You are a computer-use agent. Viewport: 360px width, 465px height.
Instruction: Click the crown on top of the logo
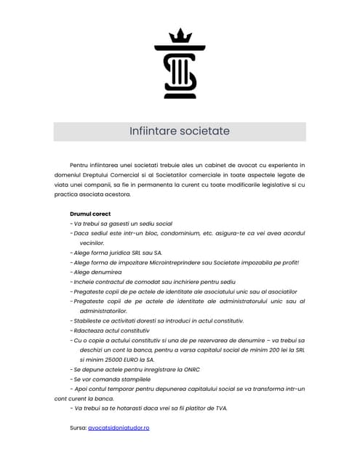(180, 36)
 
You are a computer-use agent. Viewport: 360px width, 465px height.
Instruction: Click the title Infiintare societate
(179, 132)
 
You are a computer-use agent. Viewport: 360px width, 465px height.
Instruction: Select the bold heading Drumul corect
(90, 214)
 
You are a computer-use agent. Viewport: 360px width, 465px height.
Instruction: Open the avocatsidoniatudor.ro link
(119, 428)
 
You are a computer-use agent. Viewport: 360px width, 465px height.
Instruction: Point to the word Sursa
(77, 428)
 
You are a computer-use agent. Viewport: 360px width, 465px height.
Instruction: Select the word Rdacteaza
(89, 330)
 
